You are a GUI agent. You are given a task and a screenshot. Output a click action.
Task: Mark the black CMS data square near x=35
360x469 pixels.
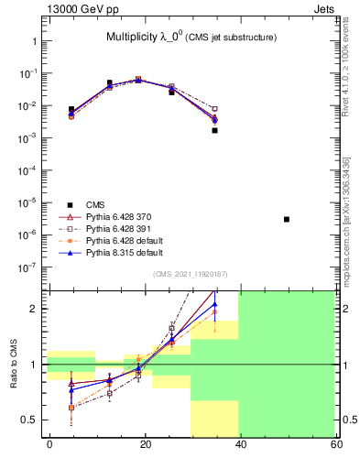(x=214, y=130)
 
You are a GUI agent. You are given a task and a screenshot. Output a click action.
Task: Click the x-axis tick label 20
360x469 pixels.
(x=145, y=443)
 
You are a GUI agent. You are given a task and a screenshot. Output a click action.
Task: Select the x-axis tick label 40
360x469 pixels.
(x=240, y=443)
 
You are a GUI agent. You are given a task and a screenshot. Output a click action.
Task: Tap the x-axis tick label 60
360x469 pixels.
(x=335, y=443)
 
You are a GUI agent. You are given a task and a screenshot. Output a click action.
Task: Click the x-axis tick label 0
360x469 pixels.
(x=49, y=443)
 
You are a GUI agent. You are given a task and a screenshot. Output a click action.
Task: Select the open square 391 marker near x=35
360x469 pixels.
(x=214, y=109)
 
